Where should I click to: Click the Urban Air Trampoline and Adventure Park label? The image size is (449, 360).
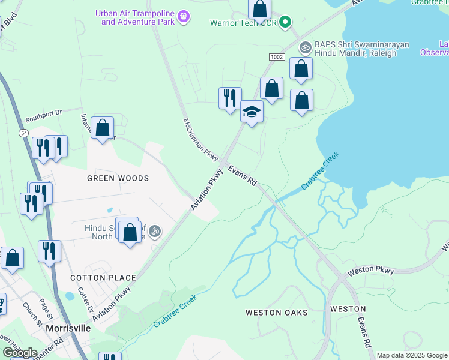(137, 17)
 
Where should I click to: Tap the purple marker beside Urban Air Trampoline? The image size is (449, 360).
(184, 16)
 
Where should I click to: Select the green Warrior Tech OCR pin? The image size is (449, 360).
(286, 23)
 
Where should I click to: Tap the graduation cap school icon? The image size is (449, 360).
(252, 112)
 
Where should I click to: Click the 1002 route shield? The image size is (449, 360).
(277, 56)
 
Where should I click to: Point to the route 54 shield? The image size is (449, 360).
(23, 133)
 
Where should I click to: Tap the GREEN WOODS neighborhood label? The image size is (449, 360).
(118, 179)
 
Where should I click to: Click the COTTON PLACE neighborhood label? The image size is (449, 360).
(103, 278)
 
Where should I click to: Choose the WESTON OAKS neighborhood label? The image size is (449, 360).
(276, 313)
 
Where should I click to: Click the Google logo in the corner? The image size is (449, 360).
(20, 353)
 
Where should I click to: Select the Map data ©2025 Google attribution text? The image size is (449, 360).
(412, 355)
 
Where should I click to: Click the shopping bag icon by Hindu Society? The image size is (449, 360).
(130, 232)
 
